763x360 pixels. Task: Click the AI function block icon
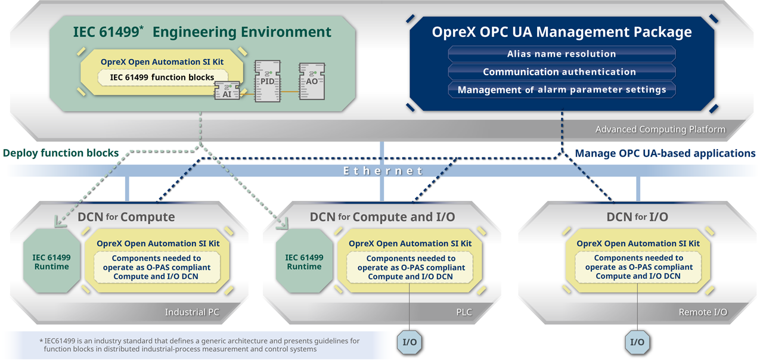227,91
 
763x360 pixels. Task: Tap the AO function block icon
312,80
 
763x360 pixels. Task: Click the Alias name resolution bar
561,54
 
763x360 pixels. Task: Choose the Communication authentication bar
561,72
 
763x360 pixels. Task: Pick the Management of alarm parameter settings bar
561,89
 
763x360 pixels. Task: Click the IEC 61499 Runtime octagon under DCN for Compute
51,262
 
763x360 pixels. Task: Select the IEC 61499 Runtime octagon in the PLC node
304,262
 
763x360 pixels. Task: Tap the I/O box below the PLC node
410,342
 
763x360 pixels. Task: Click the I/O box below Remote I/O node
637,342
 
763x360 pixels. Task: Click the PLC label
463,312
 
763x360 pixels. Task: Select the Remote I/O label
703,312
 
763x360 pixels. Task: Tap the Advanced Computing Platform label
660,129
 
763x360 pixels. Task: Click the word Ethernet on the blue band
383,171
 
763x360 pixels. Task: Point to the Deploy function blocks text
61,153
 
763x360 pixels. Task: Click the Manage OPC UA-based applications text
665,153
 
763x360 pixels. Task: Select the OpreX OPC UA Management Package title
562,32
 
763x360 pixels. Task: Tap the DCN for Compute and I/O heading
382,217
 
